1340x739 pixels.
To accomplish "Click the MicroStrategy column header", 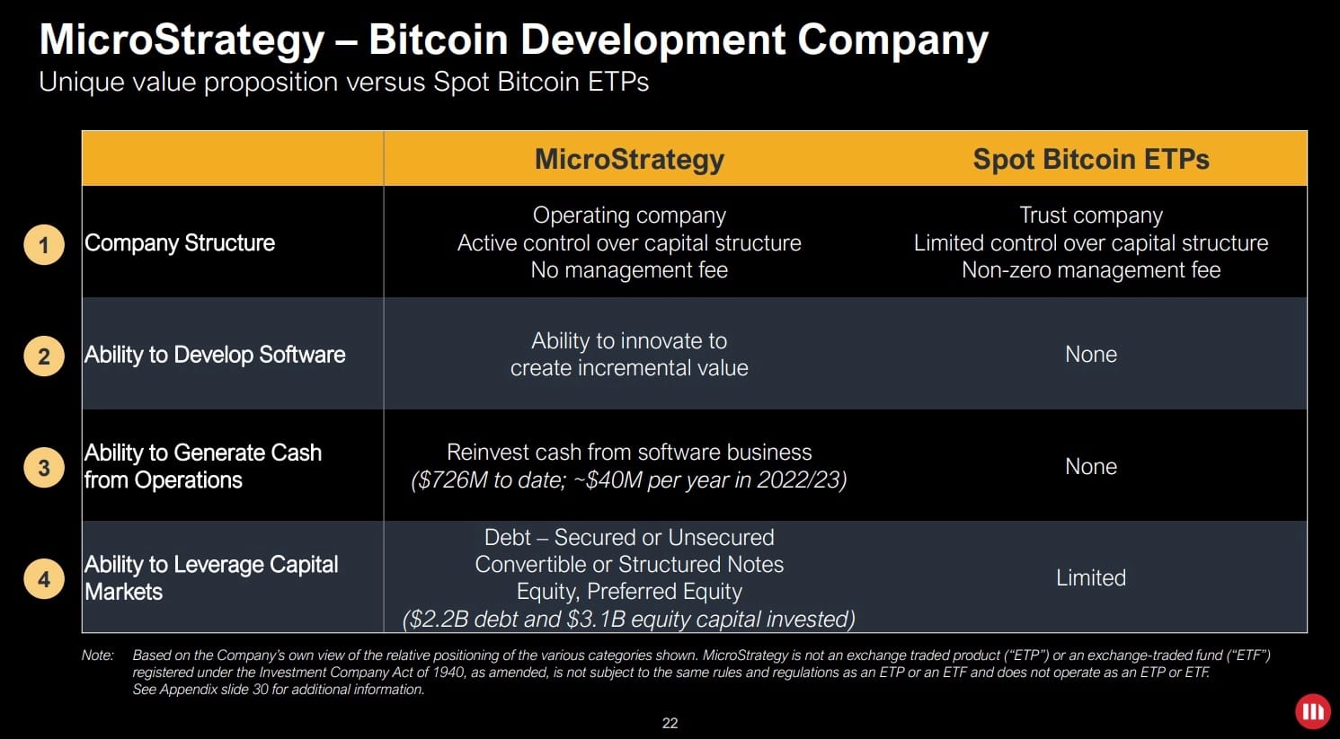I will click(x=629, y=160).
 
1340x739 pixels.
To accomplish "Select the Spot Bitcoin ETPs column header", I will click(x=1090, y=160).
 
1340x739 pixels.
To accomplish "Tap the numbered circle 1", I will click(x=44, y=245).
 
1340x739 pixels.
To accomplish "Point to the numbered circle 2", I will click(x=44, y=356).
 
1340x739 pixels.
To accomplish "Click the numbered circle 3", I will click(x=44, y=468).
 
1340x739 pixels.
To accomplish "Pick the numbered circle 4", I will click(x=44, y=579).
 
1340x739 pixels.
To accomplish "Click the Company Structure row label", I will click(x=180, y=243).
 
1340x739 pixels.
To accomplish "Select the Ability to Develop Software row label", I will click(x=215, y=355).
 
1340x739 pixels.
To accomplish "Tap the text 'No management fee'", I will click(x=629, y=270).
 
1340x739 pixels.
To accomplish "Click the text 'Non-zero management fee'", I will click(x=1091, y=270).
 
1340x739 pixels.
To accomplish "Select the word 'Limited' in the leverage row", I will click(x=1090, y=578).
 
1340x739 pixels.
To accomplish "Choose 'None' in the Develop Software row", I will click(x=1090, y=355).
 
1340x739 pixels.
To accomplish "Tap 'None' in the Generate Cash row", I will click(x=1090, y=467).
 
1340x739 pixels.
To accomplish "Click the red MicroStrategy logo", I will click(x=1312, y=712).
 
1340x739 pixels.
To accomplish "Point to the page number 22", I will click(x=670, y=724).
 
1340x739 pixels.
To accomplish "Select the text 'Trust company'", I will click(x=1091, y=216).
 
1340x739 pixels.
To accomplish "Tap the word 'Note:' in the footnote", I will click(x=98, y=655).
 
